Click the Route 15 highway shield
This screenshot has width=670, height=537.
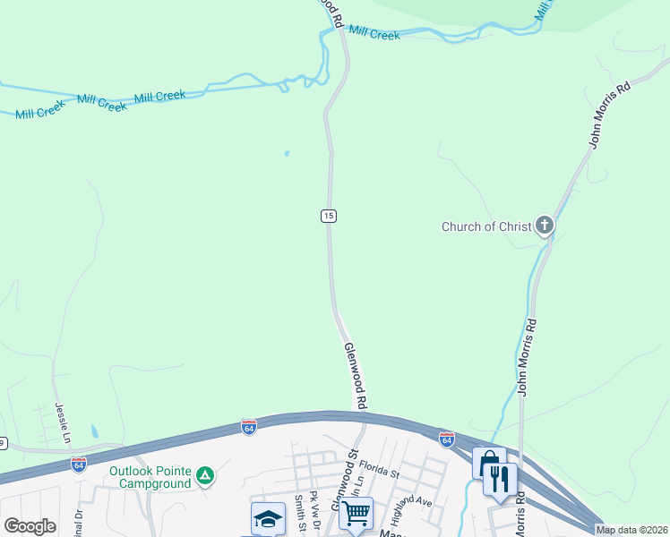pos(329,216)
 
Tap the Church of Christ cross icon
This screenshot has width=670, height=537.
pos(545,226)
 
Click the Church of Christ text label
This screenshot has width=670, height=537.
pos(486,226)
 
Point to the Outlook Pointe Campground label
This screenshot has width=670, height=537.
pos(150,477)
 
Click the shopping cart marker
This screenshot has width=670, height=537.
pos(356,514)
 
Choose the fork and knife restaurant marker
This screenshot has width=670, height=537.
pos(500,480)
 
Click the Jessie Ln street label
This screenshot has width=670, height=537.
pos(64,422)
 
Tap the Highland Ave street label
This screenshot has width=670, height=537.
pos(412,491)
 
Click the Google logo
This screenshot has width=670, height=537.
pos(30,526)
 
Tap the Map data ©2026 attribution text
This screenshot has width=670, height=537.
pos(631,530)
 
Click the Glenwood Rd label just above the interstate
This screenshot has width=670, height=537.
pos(355,375)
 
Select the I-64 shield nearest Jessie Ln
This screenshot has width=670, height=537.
pos(79,464)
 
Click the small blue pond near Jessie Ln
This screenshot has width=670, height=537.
pos(94,430)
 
